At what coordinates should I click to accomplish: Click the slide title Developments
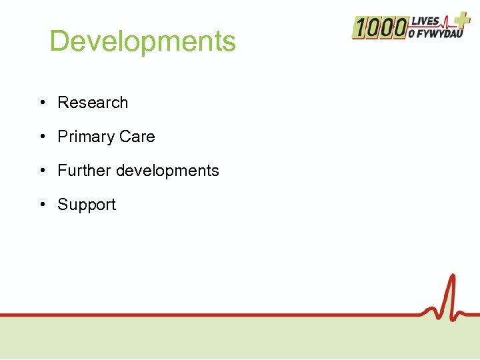click(x=143, y=41)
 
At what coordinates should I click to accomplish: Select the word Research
click(x=93, y=103)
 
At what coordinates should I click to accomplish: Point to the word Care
click(x=137, y=137)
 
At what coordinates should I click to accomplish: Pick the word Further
click(x=85, y=171)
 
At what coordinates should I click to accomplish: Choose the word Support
click(x=87, y=205)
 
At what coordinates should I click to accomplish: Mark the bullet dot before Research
click(x=42, y=103)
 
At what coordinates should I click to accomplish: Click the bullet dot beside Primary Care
click(x=42, y=137)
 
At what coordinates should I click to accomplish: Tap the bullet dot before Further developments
click(x=42, y=171)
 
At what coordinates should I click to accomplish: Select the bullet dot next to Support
click(x=42, y=205)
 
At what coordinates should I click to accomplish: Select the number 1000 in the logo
click(x=380, y=28)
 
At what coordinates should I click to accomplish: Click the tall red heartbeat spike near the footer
click(x=452, y=293)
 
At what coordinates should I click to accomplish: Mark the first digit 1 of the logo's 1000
click(x=359, y=28)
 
